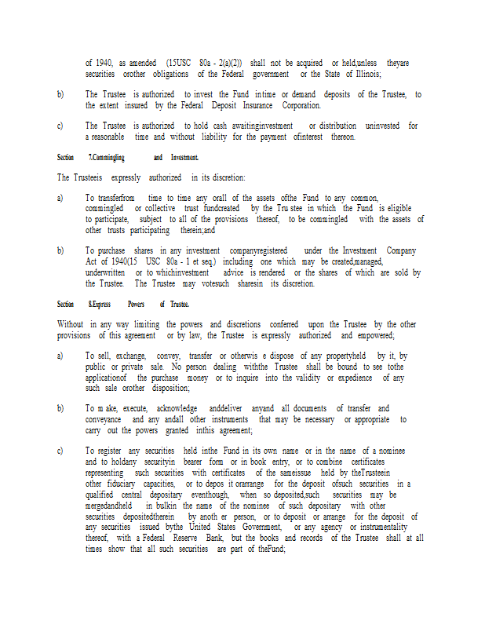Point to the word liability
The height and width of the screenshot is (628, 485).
click(207, 137)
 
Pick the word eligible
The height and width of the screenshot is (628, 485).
click(399, 209)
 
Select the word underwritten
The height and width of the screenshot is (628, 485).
click(105, 272)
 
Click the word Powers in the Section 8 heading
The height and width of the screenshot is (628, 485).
click(136, 304)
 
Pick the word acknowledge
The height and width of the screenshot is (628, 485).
click(177, 408)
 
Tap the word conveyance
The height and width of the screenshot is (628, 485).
click(104, 419)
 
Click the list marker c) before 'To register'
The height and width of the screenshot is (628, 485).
click(60, 451)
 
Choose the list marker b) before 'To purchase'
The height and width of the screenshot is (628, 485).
click(60, 250)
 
